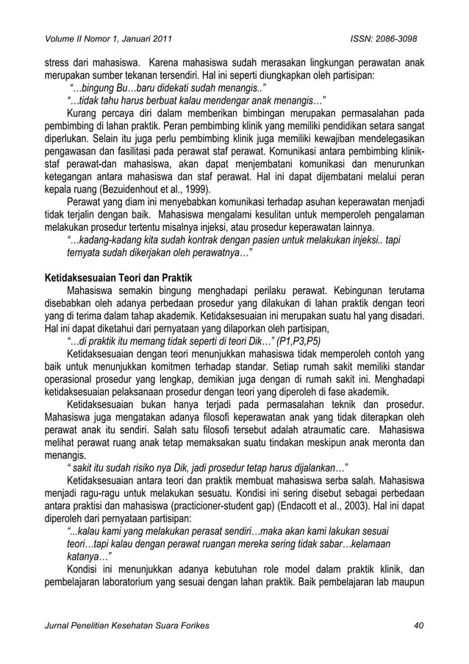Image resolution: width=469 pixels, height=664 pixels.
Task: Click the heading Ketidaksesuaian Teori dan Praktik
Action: click(115, 279)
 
